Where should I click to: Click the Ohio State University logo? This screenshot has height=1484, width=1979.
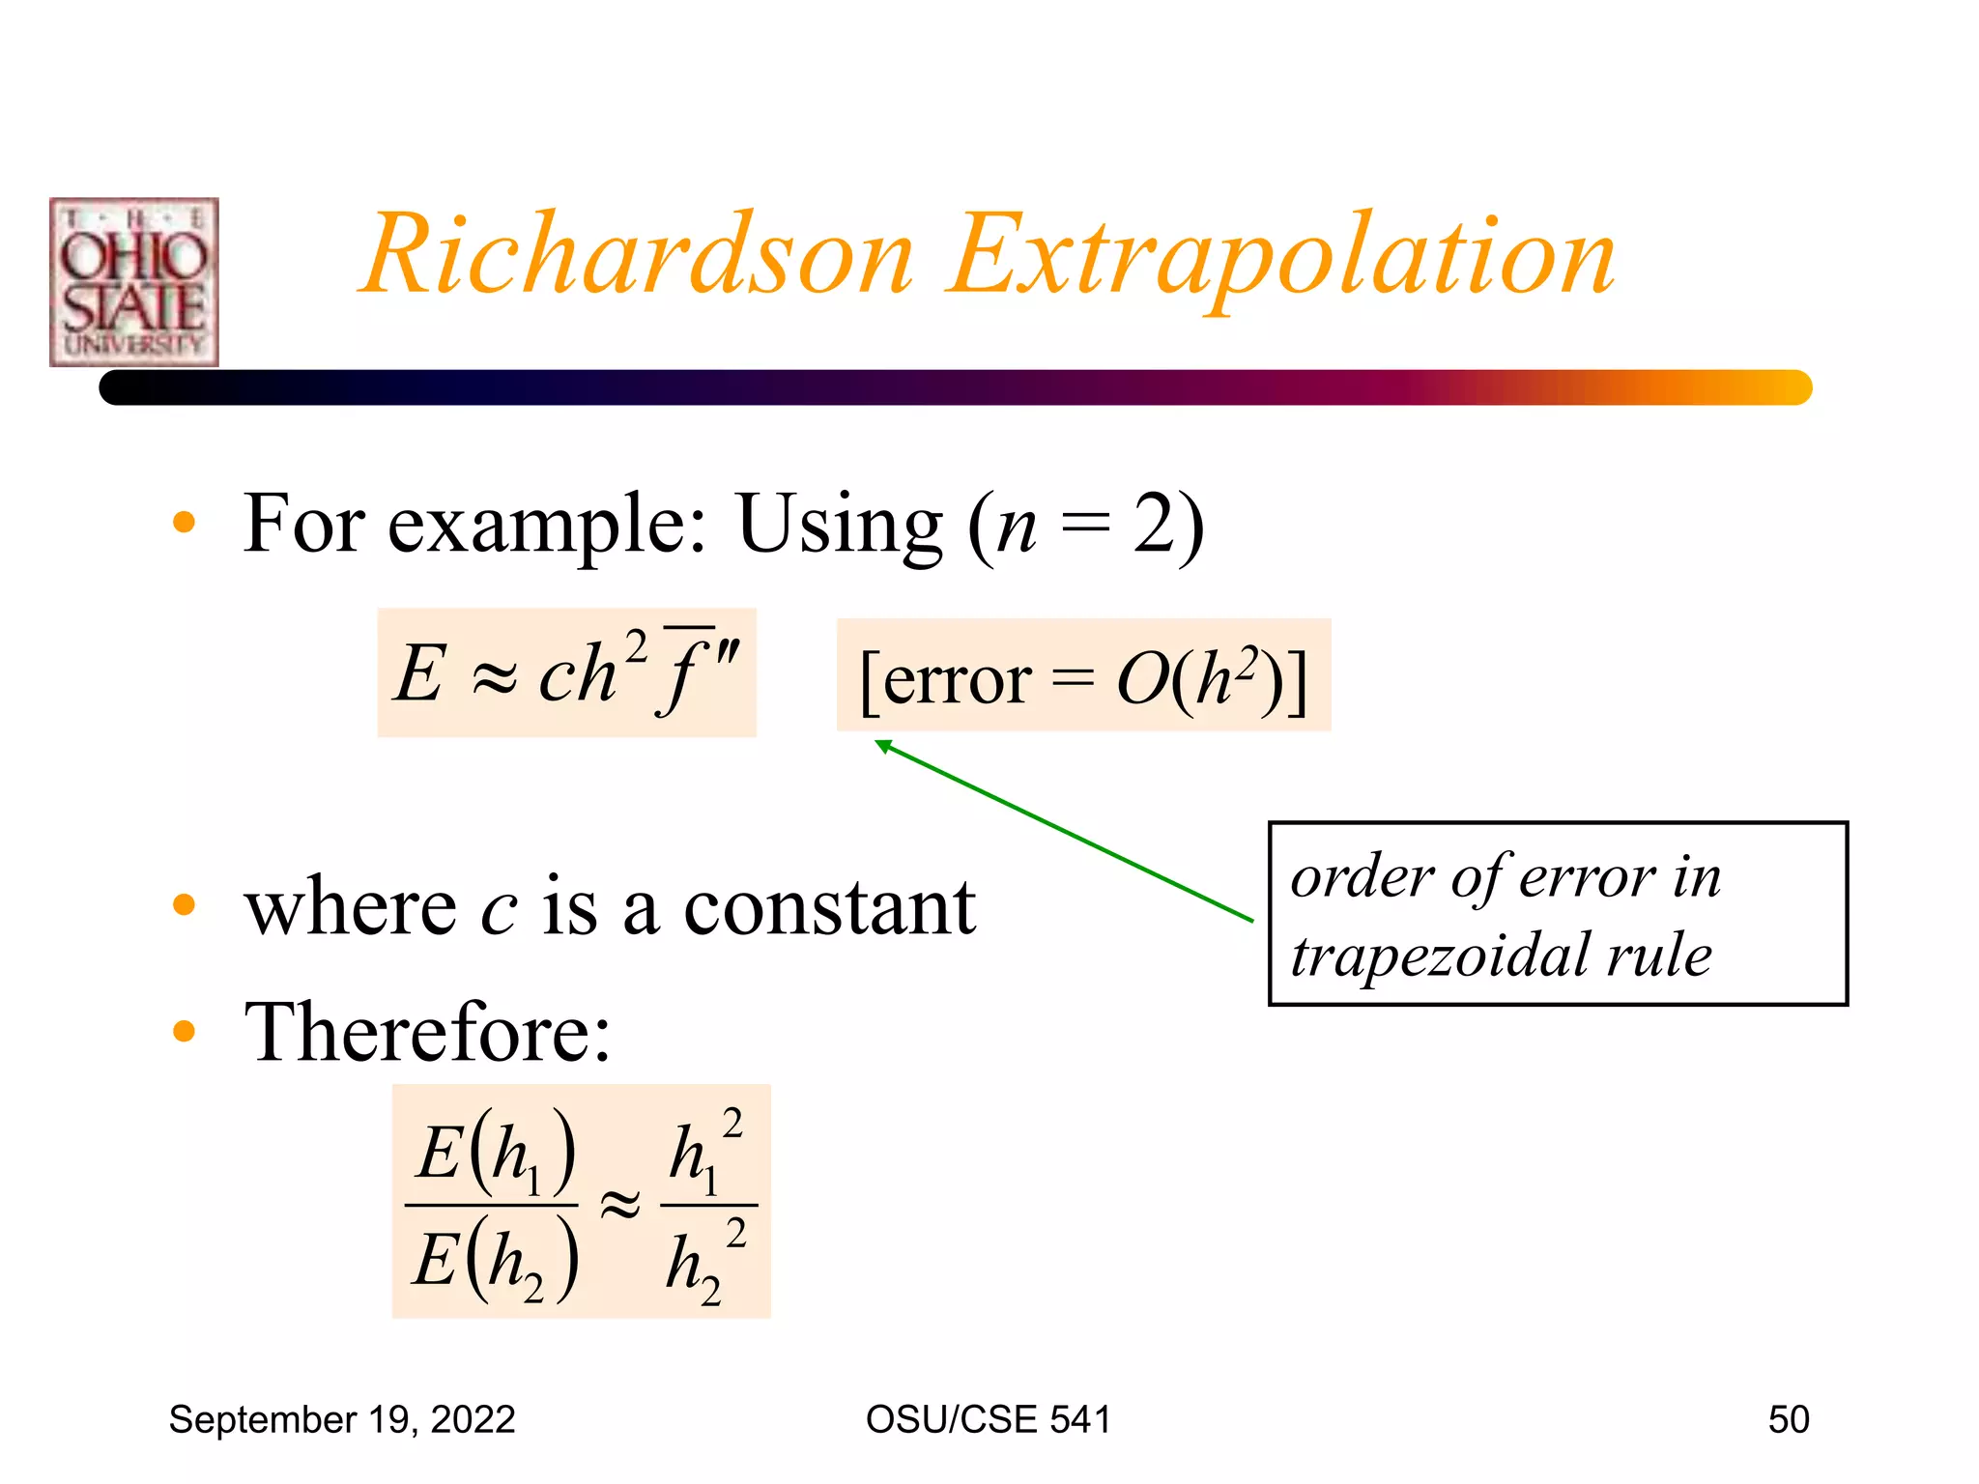pos(134,282)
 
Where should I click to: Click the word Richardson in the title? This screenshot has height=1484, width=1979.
pos(638,255)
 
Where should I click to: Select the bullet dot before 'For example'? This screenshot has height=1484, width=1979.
pos(184,523)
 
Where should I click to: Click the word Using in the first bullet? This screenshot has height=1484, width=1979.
pos(839,525)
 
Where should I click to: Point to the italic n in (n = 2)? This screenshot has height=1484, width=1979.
pos(1016,527)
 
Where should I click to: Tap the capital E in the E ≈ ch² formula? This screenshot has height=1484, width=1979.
pos(420,673)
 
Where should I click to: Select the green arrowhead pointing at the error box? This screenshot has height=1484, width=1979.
pos(882,746)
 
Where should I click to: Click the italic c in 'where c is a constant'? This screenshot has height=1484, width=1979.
pos(499,909)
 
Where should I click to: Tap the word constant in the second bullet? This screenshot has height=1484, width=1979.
pos(829,907)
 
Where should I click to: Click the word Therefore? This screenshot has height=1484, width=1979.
pos(427,1032)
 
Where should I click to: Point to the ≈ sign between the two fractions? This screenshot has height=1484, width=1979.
pos(619,1206)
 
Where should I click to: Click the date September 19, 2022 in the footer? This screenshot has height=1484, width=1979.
pos(342,1419)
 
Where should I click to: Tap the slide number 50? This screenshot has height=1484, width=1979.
pos(1788,1419)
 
